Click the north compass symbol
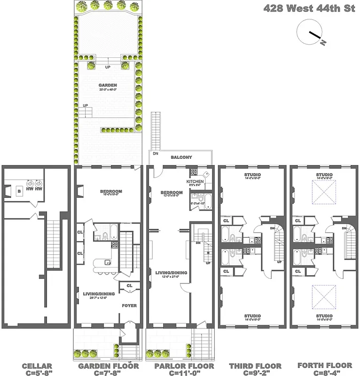[x=310, y=34]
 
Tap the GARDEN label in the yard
[x=108, y=86]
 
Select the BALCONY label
[x=180, y=157]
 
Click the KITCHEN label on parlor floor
[x=195, y=181]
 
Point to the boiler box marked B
[x=18, y=191]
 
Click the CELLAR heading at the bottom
[x=37, y=366]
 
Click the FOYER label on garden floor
[x=129, y=306]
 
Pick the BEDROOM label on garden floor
[x=111, y=191]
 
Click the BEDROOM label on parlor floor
[x=172, y=193]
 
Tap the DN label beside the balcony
[x=155, y=154]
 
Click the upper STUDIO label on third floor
[x=252, y=175]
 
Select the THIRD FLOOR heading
[x=255, y=366]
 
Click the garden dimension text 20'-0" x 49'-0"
[x=108, y=90]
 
